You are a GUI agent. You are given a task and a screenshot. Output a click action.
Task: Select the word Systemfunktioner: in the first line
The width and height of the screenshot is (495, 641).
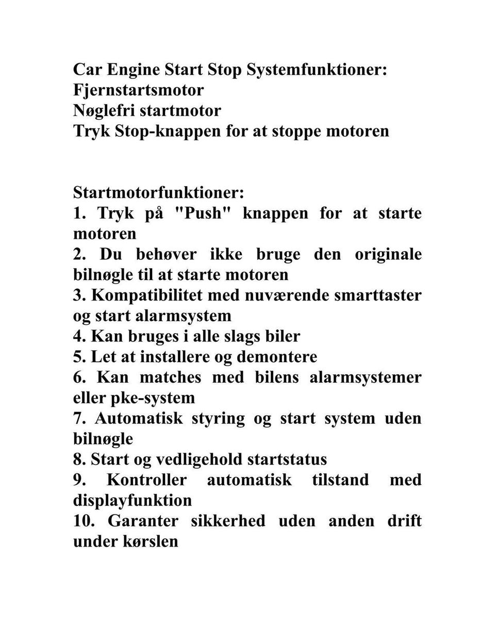pos(317,70)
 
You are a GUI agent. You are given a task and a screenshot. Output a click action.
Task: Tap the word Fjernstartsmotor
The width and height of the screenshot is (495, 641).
pos(138,90)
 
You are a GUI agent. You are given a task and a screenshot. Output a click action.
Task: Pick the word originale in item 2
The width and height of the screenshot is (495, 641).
pos(388,254)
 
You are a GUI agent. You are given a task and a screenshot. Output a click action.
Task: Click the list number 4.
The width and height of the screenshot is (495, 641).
pos(79,336)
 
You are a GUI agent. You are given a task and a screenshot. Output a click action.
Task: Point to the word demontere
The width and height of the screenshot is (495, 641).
pos(277,357)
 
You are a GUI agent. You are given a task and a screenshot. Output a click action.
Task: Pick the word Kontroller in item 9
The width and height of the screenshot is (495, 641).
pos(146,480)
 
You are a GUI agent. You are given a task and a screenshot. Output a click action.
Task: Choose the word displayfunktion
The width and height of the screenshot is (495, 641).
pos(132,501)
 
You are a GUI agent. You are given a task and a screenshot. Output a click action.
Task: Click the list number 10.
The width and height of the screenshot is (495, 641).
pos(84,521)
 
